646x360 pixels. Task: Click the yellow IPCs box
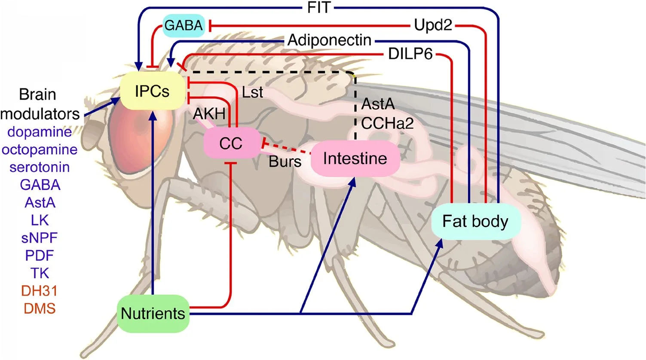pos(152,91)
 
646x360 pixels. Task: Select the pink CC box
pos(231,143)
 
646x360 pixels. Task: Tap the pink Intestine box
pos(355,159)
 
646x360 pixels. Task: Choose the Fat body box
pos(475,222)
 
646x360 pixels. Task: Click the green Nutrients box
pos(153,313)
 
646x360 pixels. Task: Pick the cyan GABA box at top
pos(184,25)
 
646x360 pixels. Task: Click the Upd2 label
pos(433,25)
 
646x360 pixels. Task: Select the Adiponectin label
pos(329,40)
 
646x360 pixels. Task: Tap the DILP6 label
pos(410,55)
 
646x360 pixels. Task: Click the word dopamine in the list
pos(40,131)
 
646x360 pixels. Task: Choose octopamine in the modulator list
pos(40,149)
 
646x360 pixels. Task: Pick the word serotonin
pos(40,167)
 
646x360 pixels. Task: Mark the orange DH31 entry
pos(39,291)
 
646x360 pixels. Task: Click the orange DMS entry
pos(40,308)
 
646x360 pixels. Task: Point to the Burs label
pos(285,162)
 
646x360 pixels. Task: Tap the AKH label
pos(209,114)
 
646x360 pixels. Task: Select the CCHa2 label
pos(387,124)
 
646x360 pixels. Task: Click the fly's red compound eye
pos(129,142)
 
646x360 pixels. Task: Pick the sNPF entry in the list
pos(40,238)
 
